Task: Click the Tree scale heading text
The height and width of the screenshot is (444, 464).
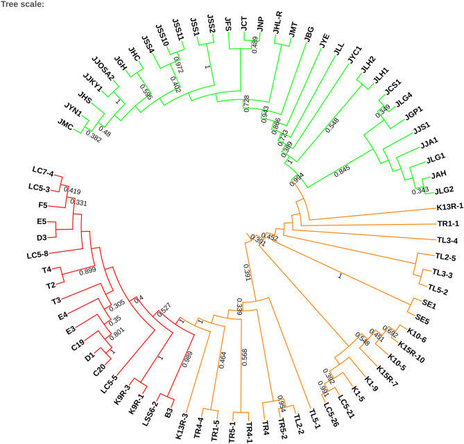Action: click(x=25, y=5)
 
